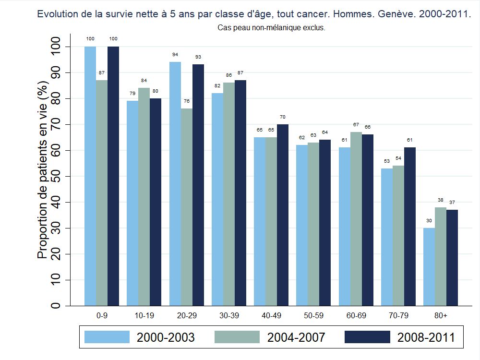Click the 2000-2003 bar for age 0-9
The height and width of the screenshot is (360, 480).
click(x=90, y=176)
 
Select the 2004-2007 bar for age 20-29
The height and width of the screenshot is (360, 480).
click(x=187, y=207)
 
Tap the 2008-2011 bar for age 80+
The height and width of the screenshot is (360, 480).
click(x=452, y=257)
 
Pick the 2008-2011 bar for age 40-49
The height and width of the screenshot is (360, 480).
click(x=283, y=215)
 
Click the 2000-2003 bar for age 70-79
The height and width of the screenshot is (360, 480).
click(x=387, y=237)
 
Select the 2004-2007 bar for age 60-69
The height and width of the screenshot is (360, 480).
click(x=356, y=218)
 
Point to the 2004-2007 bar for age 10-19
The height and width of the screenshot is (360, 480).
click(x=144, y=196)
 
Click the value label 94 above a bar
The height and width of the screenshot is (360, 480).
click(x=175, y=55)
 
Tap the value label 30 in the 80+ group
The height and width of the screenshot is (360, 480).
click(x=429, y=221)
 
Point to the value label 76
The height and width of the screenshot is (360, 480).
click(x=187, y=101)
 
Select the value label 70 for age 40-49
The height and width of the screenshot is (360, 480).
click(x=283, y=117)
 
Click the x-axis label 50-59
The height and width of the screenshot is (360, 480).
click(x=313, y=315)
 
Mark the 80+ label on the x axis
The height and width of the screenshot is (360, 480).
click(x=440, y=315)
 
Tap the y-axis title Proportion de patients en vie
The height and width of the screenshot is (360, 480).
click(x=43, y=170)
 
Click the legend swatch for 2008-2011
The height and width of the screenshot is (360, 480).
click(x=367, y=337)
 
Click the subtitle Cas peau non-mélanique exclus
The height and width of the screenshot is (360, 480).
click(x=272, y=28)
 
